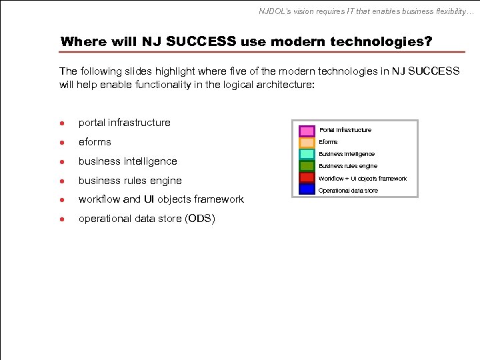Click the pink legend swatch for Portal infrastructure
pyautogui.click(x=307, y=131)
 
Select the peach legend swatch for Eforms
pyautogui.click(x=307, y=142)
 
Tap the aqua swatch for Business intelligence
pyautogui.click(x=307, y=154)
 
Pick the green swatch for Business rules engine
pyautogui.click(x=307, y=166)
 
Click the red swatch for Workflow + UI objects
pyautogui.click(x=307, y=178)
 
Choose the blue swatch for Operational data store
pyautogui.click(x=307, y=190)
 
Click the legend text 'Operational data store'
pyautogui.click(x=348, y=191)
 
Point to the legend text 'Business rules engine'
pyautogui.click(x=347, y=166)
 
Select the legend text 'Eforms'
pyautogui.click(x=328, y=142)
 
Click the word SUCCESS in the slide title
pyautogui.click(x=201, y=41)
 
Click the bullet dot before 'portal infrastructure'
pyautogui.click(x=62, y=123)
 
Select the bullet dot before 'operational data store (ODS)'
pyautogui.click(x=62, y=219)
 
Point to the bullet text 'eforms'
pyautogui.click(x=95, y=142)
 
